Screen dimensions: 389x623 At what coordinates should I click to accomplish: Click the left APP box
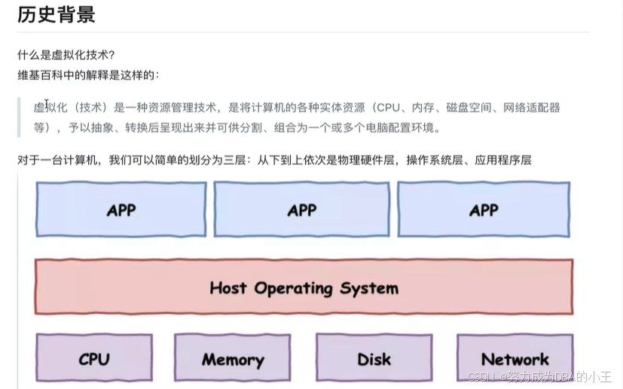pyautogui.click(x=121, y=209)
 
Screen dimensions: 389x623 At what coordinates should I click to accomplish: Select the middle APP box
pyautogui.click(x=301, y=209)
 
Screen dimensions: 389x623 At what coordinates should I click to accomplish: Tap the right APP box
pyautogui.click(x=484, y=209)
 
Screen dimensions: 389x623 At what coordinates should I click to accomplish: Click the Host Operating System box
pyautogui.click(x=304, y=287)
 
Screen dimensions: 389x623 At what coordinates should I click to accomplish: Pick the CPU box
pyautogui.click(x=94, y=359)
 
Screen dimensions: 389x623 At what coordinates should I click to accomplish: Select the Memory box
pyautogui.click(x=232, y=359)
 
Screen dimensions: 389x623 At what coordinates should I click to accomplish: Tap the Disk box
pyautogui.click(x=374, y=359)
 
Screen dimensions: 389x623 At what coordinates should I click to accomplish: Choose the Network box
pyautogui.click(x=515, y=359)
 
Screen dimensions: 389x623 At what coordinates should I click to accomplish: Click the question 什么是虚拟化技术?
pyautogui.click(x=66, y=56)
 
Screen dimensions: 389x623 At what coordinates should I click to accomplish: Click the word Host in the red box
pyautogui.click(x=228, y=287)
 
